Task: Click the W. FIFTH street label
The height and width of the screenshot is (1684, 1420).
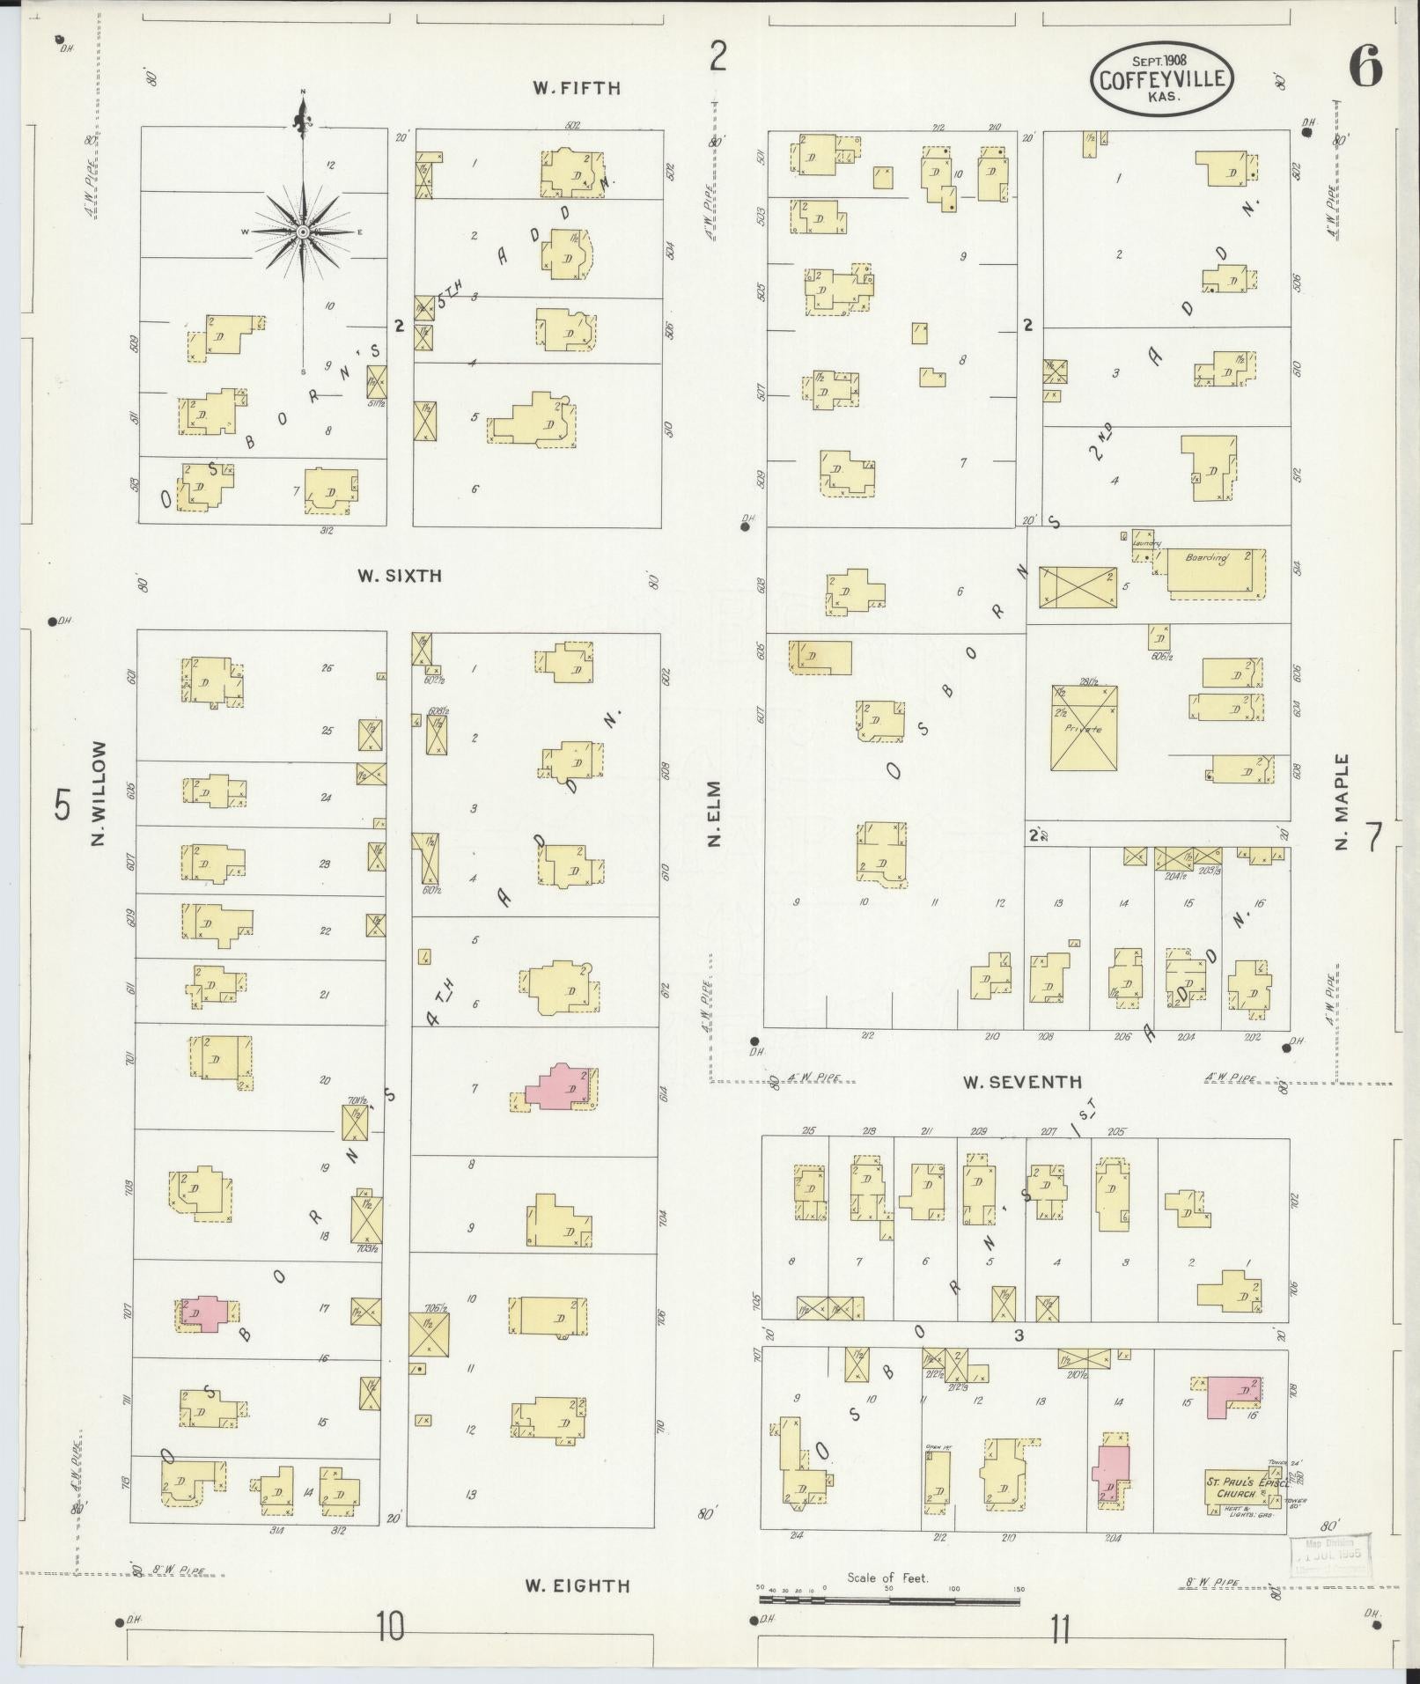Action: coord(576,88)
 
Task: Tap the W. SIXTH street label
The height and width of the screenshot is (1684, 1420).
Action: coord(399,577)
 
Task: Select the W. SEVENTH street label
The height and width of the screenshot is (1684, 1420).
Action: coord(1021,1082)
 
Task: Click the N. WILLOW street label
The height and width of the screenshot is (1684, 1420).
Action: coord(98,794)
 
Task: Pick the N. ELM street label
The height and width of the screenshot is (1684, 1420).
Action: coord(714,813)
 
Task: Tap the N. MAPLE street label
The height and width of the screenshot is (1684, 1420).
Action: coord(1341,802)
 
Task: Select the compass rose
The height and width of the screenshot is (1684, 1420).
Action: coord(303,232)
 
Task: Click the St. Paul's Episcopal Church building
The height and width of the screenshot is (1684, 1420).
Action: coord(1235,1488)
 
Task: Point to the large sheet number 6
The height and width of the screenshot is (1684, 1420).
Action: coord(1365,69)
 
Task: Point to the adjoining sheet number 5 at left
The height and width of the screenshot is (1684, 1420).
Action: coord(61,805)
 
